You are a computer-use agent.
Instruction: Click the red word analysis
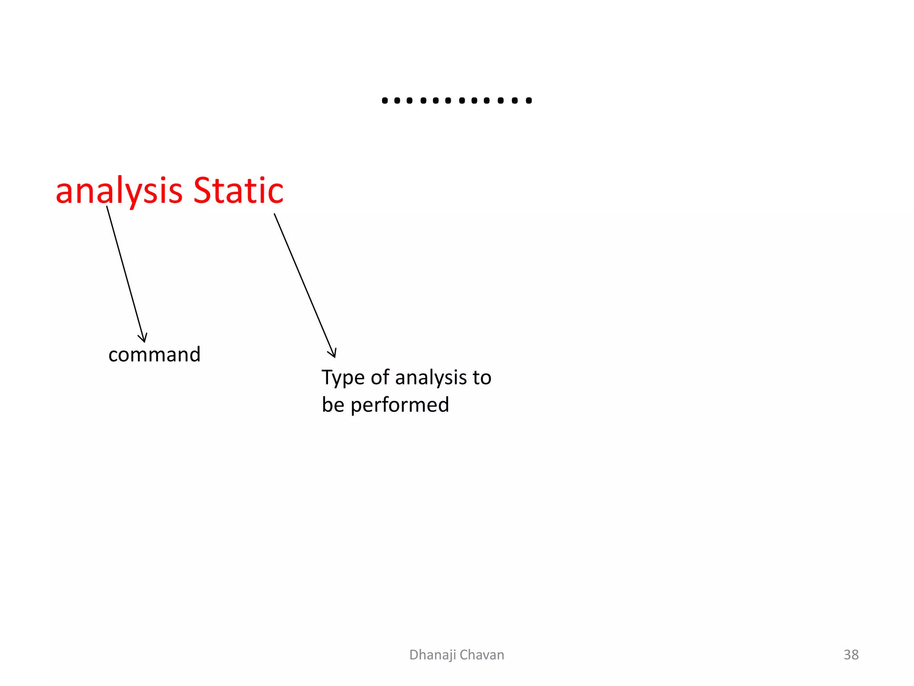click(119, 191)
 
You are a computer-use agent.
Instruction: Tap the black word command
click(154, 355)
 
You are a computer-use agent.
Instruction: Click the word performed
click(399, 405)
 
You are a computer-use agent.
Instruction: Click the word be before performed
click(333, 405)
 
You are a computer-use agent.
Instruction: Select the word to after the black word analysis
click(482, 378)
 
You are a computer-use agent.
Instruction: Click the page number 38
click(851, 655)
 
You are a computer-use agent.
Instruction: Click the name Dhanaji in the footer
click(432, 655)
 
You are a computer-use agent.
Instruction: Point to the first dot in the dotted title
click(385, 100)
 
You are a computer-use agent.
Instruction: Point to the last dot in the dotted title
click(529, 100)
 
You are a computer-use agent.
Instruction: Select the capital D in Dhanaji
click(413, 655)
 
